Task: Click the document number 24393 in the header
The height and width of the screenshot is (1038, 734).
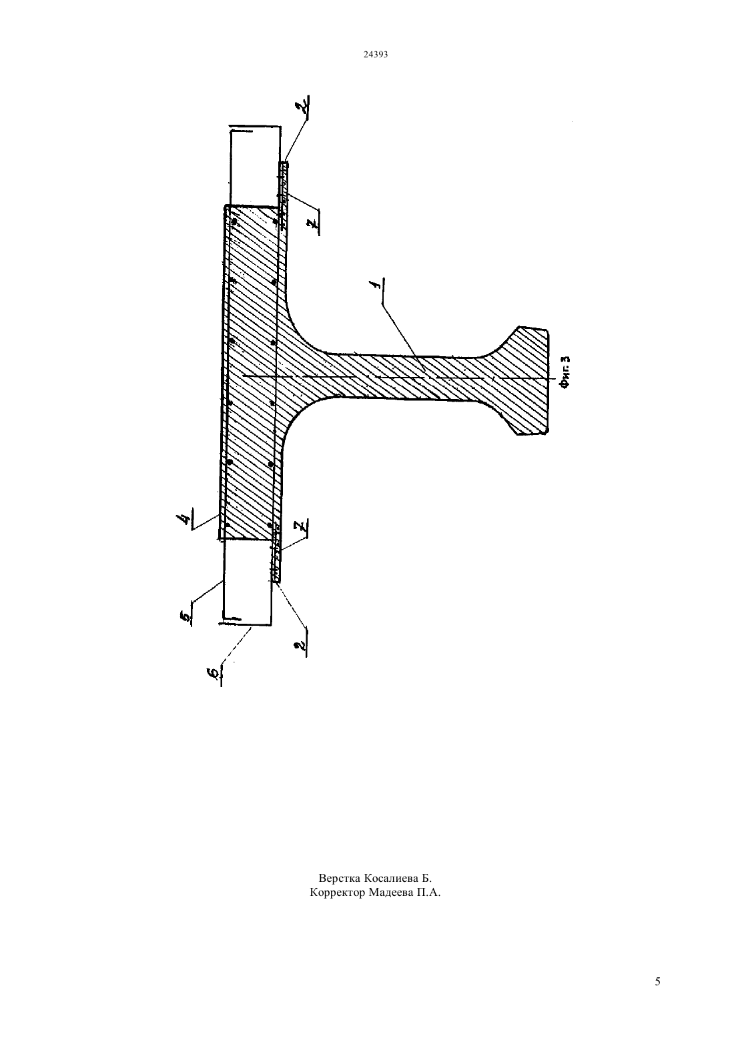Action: coord(375,54)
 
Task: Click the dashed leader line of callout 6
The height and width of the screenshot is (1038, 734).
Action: coord(237,646)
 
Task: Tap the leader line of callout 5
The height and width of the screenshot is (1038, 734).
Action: coord(208,591)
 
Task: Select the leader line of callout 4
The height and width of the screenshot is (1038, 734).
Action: coord(205,521)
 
